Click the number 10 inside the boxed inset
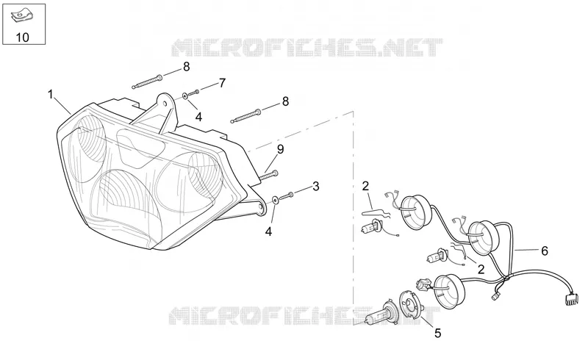(x=23, y=37)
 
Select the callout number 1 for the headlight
(x=51, y=94)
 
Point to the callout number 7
(x=223, y=83)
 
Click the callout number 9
(x=281, y=149)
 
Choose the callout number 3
(x=316, y=186)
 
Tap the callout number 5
(x=437, y=333)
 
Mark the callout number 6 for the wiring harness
(x=545, y=251)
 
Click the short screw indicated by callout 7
(x=194, y=93)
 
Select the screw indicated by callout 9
(x=268, y=175)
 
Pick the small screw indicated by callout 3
(x=287, y=195)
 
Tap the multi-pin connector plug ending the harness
(x=570, y=299)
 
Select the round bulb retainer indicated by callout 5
(x=411, y=305)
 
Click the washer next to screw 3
(x=276, y=200)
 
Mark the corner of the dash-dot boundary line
(x=354, y=111)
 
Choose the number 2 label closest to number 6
(x=481, y=269)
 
